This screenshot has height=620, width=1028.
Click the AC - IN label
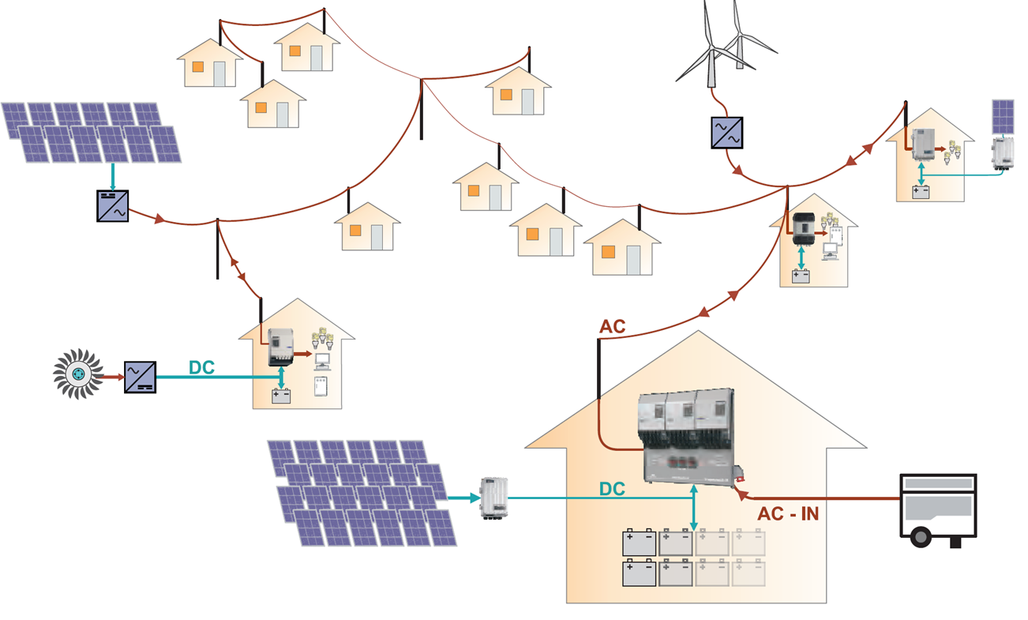[x=787, y=514]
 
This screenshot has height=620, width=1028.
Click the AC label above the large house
[x=613, y=327]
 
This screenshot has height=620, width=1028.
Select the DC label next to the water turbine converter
[x=202, y=367]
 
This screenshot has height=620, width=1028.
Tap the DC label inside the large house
[x=612, y=489]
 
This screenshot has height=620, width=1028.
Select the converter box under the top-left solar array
[x=112, y=205]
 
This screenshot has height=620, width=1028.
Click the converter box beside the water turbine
[x=140, y=378]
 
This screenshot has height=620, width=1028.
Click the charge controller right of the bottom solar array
[x=493, y=498]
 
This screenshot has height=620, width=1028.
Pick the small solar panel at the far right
[x=1003, y=117]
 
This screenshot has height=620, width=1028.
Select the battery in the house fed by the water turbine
[x=281, y=396]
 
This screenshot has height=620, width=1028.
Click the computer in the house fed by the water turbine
[x=322, y=362]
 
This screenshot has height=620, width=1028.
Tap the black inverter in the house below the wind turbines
[x=803, y=228]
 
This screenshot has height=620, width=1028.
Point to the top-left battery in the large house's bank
[x=639, y=543]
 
